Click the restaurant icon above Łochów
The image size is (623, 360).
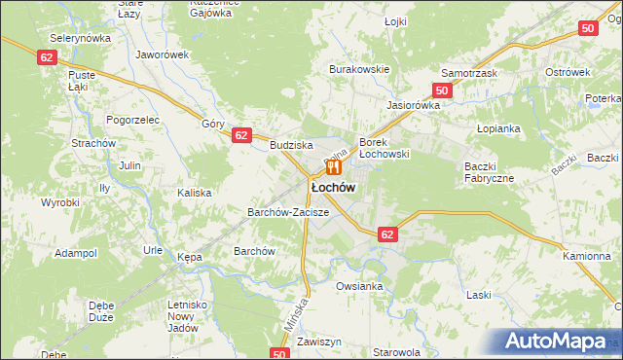coord(333,167)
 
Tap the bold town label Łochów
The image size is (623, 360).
coord(332,186)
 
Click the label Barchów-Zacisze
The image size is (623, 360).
coord(289,211)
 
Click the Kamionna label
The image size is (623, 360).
coord(587,256)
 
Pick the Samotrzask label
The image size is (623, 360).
coord(469,74)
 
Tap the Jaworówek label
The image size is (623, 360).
coord(162,55)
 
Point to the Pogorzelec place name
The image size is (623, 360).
coord(133,119)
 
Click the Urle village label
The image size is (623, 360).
coord(153,250)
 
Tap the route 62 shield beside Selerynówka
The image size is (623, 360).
coord(48,57)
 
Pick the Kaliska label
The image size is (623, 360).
coord(194,193)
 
